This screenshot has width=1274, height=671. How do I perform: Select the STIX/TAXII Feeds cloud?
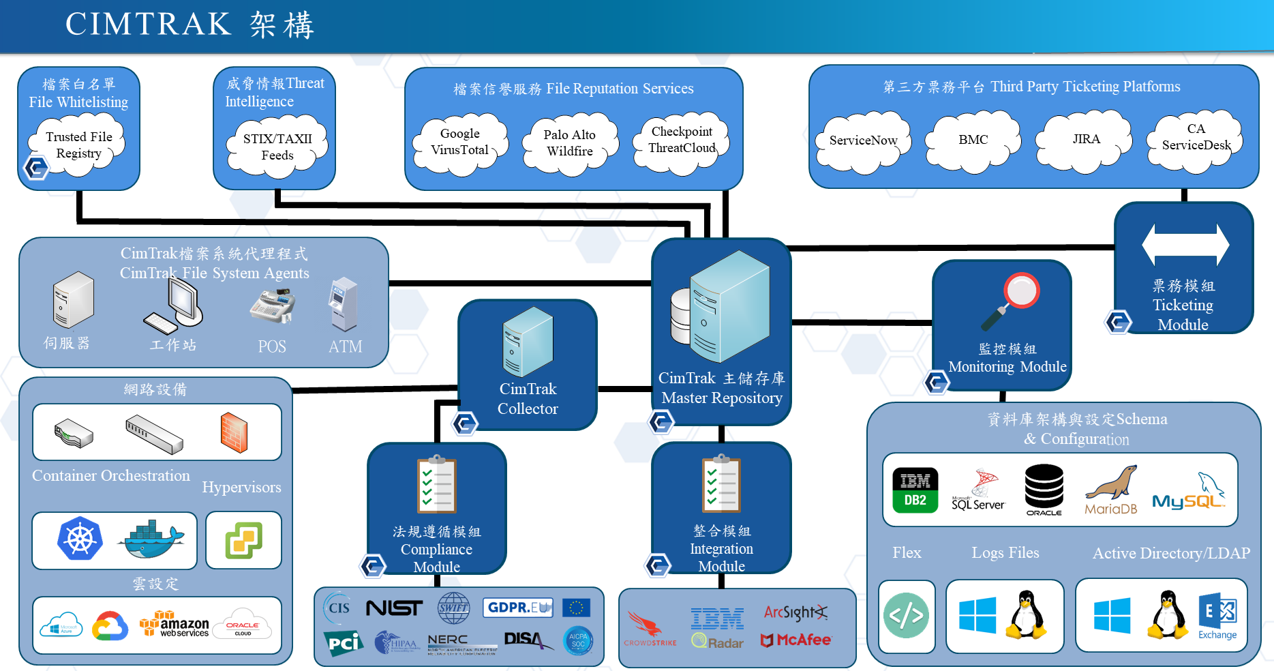[277, 146]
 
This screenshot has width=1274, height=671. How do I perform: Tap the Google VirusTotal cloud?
[460, 142]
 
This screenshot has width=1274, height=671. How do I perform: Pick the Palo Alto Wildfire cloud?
[570, 143]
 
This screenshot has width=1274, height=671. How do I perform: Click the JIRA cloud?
[1086, 139]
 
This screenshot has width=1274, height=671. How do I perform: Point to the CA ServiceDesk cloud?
[1196, 137]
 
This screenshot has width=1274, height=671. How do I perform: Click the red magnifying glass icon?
[1012, 300]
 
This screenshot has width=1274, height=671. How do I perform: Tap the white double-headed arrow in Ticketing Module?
[1185, 245]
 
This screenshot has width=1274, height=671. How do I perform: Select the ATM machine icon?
[344, 304]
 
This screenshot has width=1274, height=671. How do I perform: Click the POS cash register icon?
[273, 306]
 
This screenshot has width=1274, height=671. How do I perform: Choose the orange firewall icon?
[234, 432]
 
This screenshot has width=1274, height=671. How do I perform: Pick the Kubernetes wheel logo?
[80, 539]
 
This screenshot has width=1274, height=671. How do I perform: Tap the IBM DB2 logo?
[915, 490]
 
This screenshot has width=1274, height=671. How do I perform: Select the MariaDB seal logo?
[1111, 490]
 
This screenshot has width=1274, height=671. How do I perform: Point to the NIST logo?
[394, 607]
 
